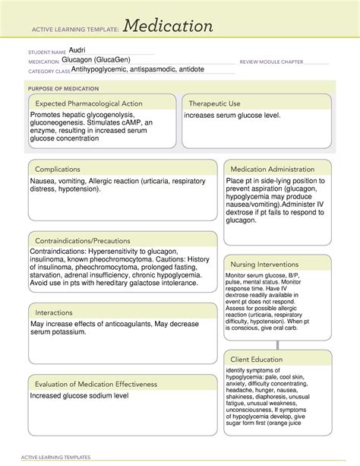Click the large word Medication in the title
pos(168,27)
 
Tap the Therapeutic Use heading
pos(215,103)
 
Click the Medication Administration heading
pos(272,169)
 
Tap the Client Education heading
pos(257,359)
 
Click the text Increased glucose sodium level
pos(79,396)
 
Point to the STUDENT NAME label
pos(46,52)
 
